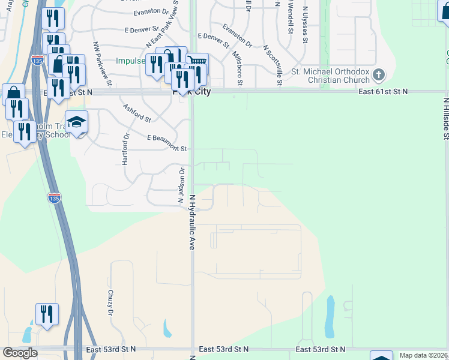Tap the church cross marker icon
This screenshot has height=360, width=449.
click(x=378, y=75)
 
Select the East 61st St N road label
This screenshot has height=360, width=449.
click(x=383, y=92)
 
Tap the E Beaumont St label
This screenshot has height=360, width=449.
click(x=167, y=143)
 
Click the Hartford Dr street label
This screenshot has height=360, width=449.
click(x=126, y=149)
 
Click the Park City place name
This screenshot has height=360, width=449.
click(x=191, y=92)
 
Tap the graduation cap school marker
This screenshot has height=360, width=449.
click(x=76, y=122)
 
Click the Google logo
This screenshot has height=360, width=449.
click(x=20, y=353)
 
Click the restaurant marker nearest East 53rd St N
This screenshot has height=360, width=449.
click(x=47, y=314)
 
